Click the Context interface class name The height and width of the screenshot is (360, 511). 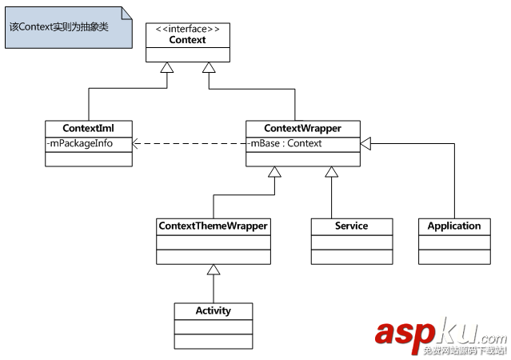[188, 40]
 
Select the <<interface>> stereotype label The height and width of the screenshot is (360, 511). [188, 30]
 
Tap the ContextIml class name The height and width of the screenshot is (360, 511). [89, 128]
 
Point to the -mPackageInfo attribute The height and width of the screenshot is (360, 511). [80, 144]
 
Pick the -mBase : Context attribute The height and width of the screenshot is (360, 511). [286, 144]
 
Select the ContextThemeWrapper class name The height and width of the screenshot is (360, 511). [213, 226]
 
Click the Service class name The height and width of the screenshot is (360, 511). [351, 226]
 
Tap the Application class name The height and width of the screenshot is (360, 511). [454, 226]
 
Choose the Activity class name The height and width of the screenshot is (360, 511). [213, 310]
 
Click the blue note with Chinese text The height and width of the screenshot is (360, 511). [69, 26]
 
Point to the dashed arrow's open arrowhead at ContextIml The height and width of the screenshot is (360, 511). [137, 144]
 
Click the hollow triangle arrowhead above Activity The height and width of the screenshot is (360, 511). [213, 271]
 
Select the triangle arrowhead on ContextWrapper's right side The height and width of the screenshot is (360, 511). [365, 144]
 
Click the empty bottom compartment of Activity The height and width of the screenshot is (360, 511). [213, 341]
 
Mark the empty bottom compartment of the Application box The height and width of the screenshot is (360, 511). [454, 256]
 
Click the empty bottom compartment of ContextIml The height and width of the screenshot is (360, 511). [89, 158]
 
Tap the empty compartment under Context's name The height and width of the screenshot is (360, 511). [188, 54]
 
